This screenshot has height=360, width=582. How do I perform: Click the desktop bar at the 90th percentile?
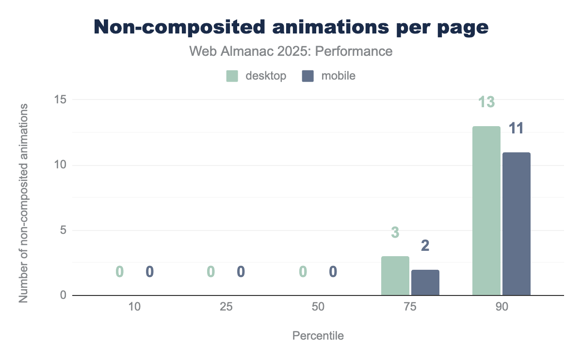coord(486,211)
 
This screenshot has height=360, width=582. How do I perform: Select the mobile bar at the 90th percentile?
coord(517,224)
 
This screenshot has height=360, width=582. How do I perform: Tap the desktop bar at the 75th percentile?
coord(395,276)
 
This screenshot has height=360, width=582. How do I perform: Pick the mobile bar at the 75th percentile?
coord(425,282)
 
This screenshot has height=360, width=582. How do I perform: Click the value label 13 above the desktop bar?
coord(486,102)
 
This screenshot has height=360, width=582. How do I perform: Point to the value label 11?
coord(517,129)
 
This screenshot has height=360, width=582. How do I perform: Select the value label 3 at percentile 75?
coord(395,233)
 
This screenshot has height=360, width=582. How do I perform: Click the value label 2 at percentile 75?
coord(425,246)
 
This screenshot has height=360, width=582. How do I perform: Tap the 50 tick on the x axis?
coord(318,307)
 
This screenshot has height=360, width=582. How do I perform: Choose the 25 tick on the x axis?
coord(226,307)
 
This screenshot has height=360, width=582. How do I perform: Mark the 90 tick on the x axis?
coord(501,307)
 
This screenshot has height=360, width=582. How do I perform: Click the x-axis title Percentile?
coord(318,336)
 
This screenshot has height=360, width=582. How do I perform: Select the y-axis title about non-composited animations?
coord(23,202)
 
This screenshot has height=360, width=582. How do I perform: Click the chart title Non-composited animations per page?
coord(291,27)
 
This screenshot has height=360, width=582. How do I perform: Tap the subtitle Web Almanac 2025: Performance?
coord(291,51)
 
